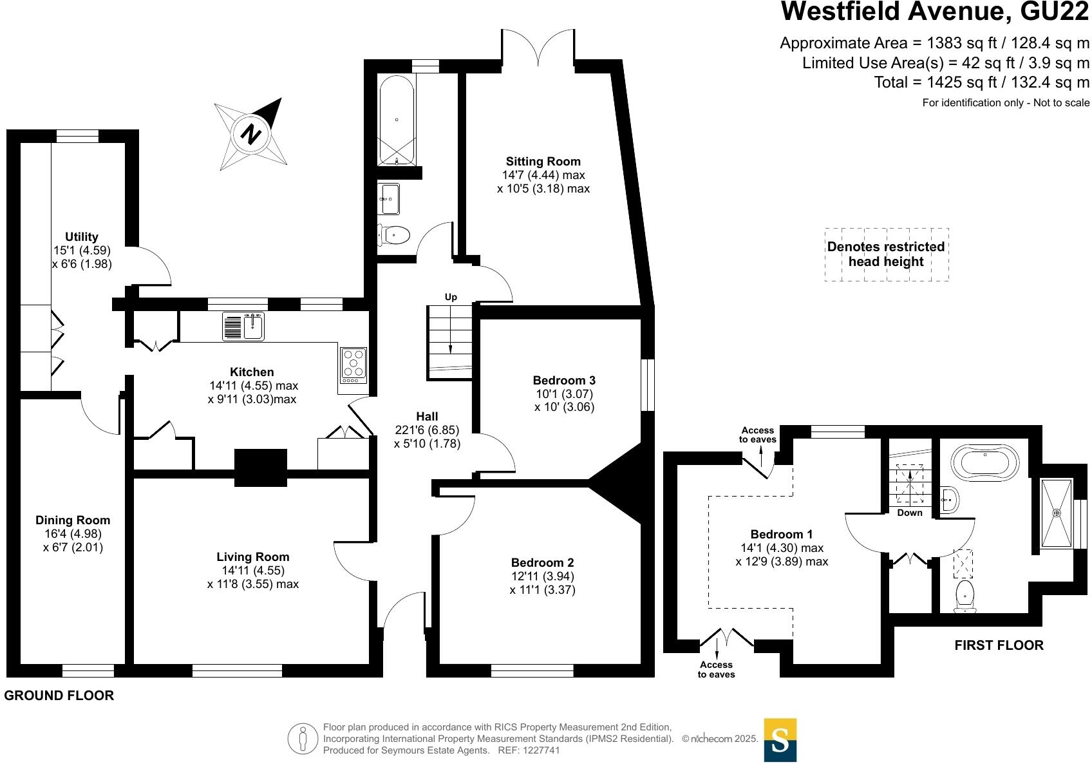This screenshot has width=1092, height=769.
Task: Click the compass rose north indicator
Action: (251, 134)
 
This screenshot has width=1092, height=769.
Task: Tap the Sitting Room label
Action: (543, 162)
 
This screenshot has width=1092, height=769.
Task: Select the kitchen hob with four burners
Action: (353, 365)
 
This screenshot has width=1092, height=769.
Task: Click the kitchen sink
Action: (243, 326)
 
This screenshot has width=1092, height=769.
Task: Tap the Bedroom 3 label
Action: (564, 380)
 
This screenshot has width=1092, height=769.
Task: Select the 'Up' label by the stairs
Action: (451, 297)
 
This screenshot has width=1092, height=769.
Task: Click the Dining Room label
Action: (73, 520)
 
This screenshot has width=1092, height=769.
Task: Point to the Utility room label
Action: (82, 237)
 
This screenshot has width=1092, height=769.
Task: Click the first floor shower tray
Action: (1057, 513)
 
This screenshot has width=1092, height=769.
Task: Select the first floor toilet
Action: (965, 596)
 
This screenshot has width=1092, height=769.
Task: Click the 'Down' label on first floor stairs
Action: (910, 513)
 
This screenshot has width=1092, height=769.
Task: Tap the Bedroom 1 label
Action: (782, 535)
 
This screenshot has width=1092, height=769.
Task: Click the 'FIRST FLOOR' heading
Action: (999, 645)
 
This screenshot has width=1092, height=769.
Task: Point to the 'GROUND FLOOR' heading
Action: (59, 696)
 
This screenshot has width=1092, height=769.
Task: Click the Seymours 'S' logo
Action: (780, 740)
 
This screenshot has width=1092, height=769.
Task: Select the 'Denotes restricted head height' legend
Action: (886, 254)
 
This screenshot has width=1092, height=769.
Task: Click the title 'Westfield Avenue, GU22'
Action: (935, 12)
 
